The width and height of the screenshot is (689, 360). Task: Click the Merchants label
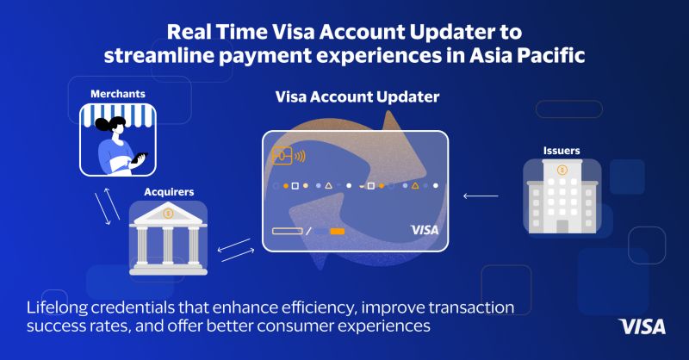pos(117,93)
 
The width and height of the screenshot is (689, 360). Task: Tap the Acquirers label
pos(168,191)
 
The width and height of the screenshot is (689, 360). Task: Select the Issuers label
pos(562,151)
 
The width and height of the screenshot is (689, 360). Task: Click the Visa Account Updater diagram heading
pos(357,98)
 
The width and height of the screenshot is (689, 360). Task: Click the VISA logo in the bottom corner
pos(642,326)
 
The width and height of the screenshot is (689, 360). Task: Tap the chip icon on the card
pos(282,157)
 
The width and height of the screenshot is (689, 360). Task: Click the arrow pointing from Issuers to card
pos(480,197)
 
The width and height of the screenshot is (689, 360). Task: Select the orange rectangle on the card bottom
pos(337,231)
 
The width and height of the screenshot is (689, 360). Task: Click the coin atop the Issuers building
pos(562,170)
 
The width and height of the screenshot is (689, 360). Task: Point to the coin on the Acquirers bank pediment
pos(168,212)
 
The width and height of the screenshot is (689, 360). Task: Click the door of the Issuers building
pos(562,226)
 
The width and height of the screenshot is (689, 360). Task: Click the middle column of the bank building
pos(168,244)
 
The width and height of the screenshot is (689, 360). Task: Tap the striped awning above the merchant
pos(121,114)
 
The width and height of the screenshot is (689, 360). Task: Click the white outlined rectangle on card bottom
pos(284,231)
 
